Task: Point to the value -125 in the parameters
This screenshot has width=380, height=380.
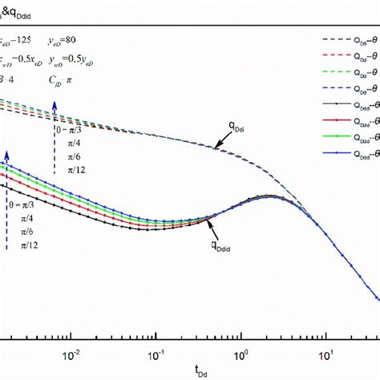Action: pos(26,37)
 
